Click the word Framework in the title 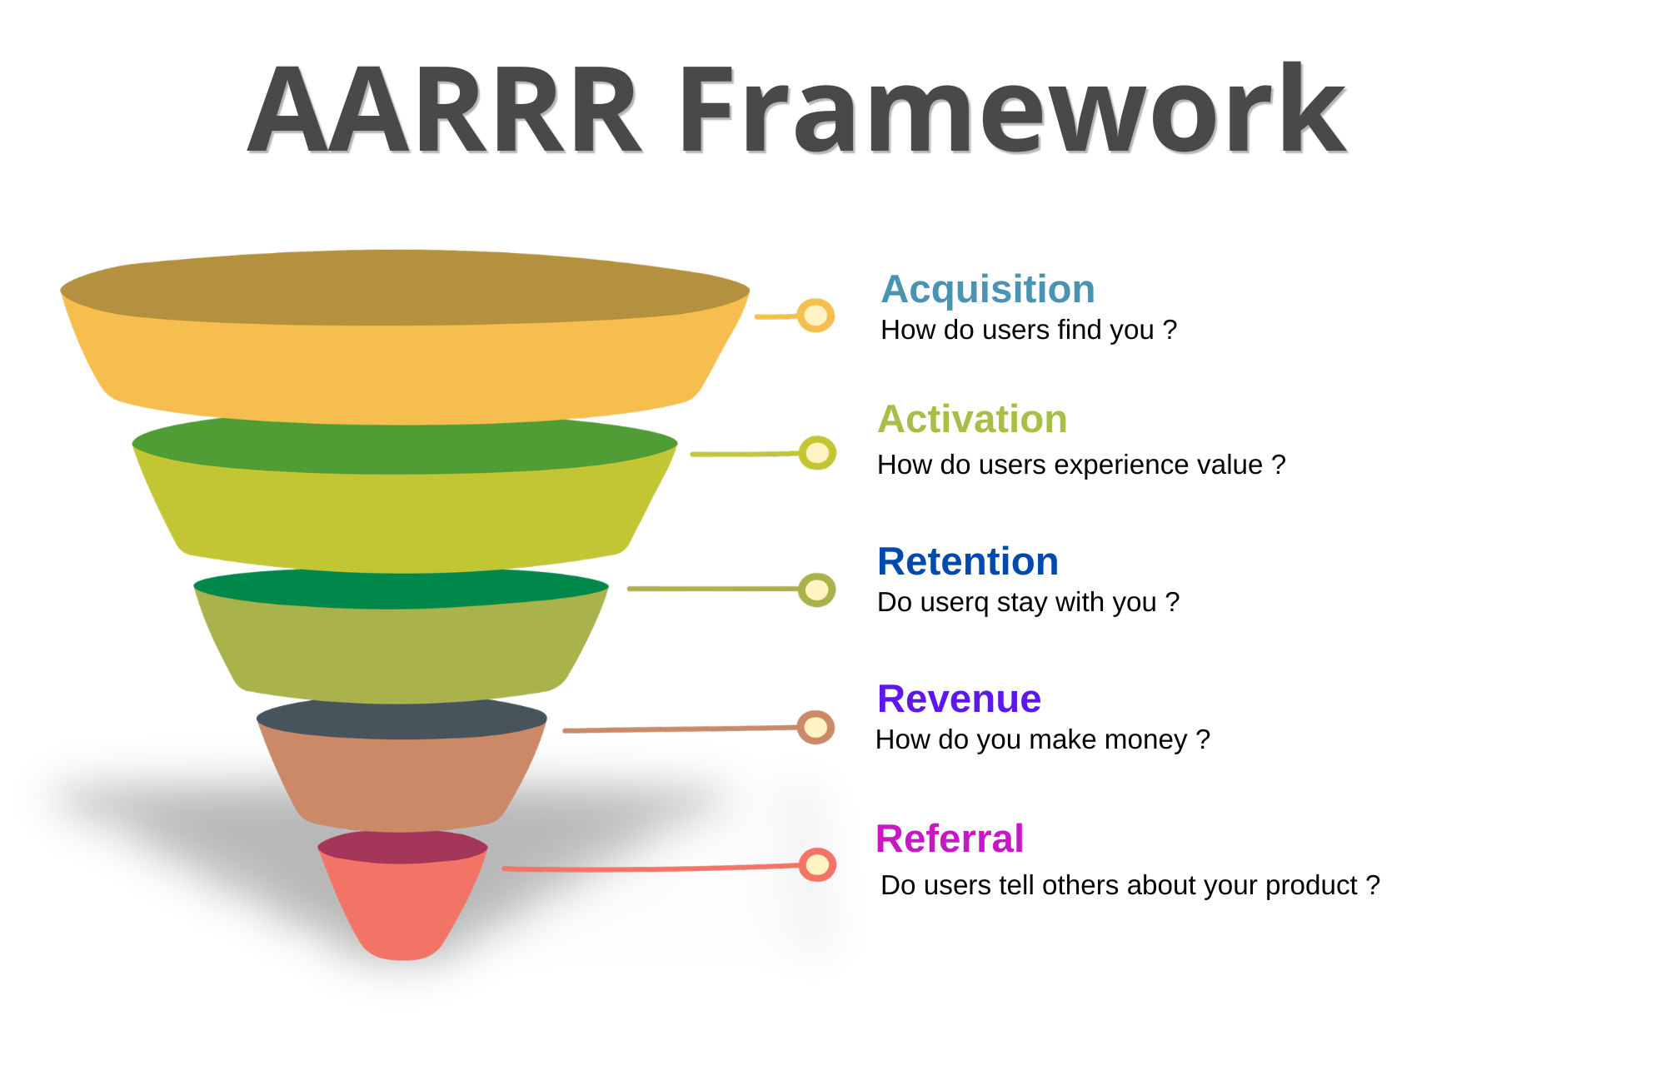1013,110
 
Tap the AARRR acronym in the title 445,110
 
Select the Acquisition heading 988,290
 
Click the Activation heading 972,419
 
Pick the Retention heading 968,561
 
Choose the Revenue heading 959,699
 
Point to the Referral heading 950,838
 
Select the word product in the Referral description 1312,886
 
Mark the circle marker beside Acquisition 816,316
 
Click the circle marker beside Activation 817,453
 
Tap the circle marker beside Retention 816,590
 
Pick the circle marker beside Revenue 816,727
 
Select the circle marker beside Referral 817,864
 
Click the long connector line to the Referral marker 651,868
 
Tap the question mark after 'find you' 1170,330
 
